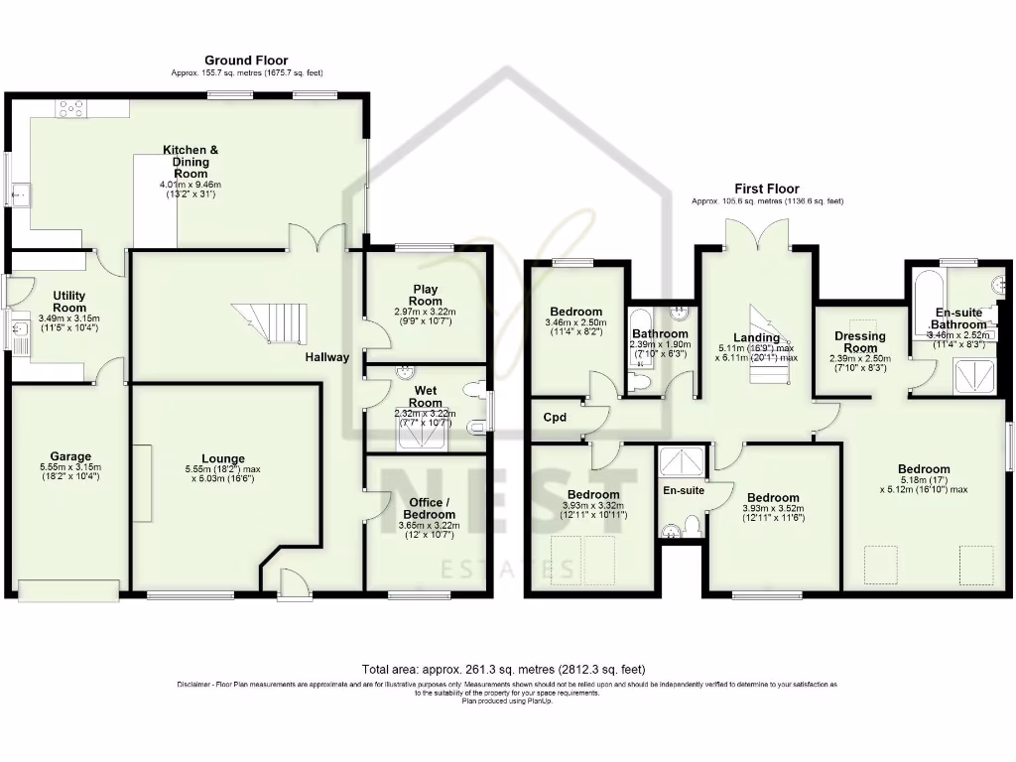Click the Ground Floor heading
tap(246, 61)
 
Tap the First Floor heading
tap(766, 189)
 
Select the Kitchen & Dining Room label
tap(190, 161)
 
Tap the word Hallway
tap(326, 357)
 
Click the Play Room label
tap(426, 295)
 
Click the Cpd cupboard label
tap(555, 418)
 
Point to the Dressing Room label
tap(859, 342)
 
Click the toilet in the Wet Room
tap(477, 429)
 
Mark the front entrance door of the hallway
tap(291, 585)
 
